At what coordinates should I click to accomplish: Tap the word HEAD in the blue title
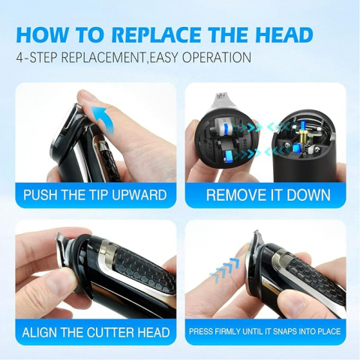(284, 34)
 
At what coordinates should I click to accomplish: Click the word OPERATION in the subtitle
(217, 58)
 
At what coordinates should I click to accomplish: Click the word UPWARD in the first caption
(139, 195)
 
